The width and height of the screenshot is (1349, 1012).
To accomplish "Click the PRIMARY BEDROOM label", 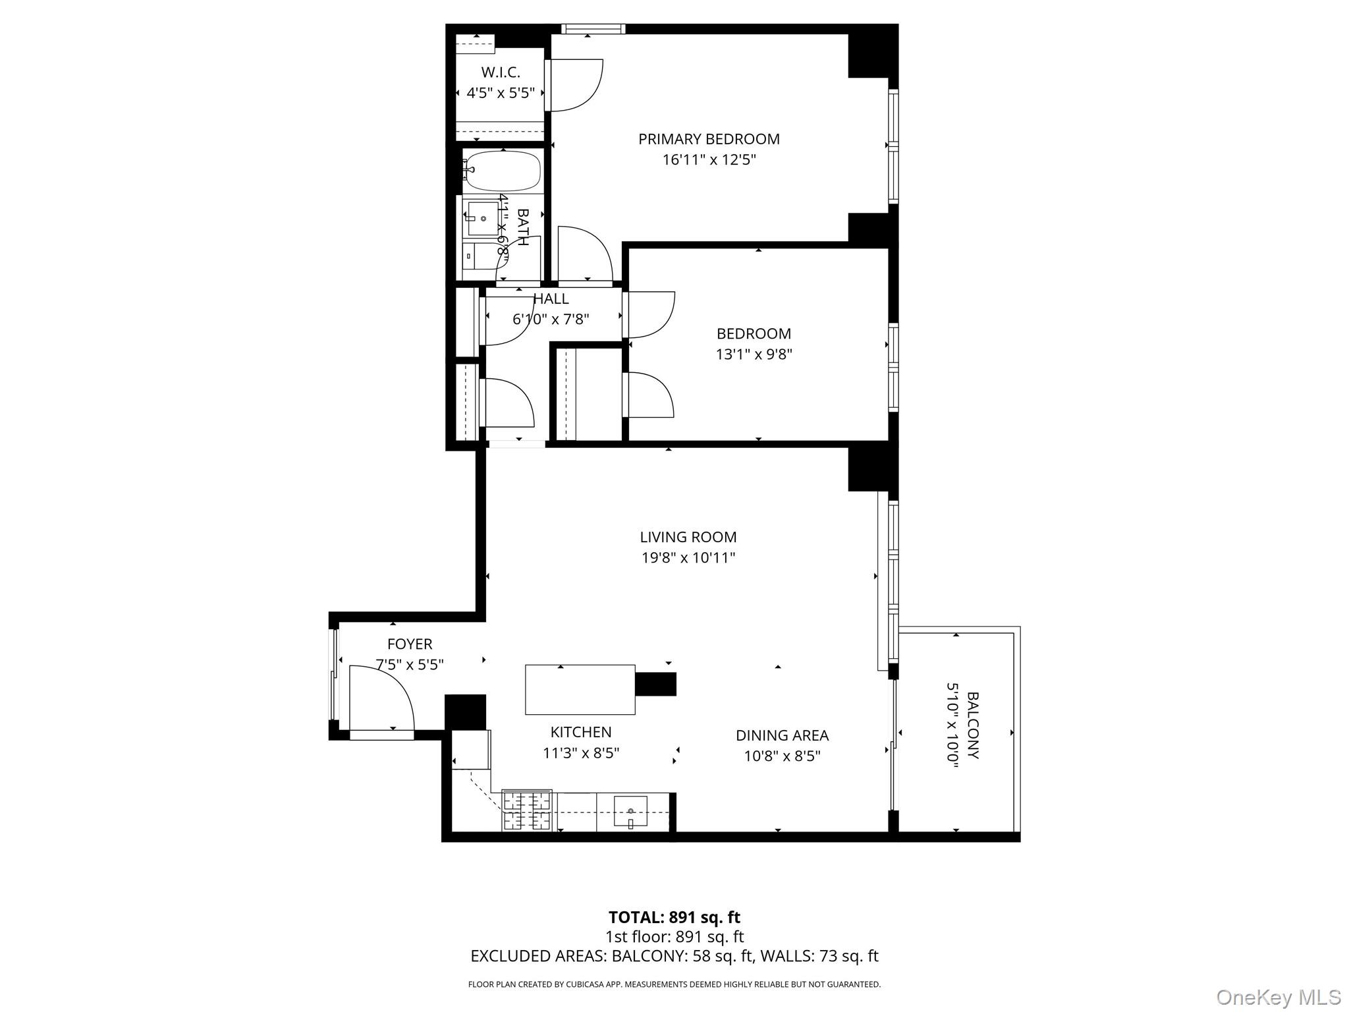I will pyautogui.click(x=709, y=139).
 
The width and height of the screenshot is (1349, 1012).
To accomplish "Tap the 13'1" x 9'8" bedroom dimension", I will pyautogui.click(x=754, y=354).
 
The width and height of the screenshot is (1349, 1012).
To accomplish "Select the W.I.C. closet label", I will pyautogui.click(x=501, y=72).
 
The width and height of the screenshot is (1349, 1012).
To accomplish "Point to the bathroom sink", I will pyautogui.click(x=483, y=219).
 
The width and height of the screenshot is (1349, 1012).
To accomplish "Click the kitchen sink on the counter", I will pyautogui.click(x=630, y=811).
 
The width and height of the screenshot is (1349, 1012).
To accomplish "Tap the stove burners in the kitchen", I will pyautogui.click(x=527, y=810).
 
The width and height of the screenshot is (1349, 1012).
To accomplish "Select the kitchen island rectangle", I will pyautogui.click(x=580, y=690).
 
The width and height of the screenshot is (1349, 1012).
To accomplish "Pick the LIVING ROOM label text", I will pyautogui.click(x=688, y=537).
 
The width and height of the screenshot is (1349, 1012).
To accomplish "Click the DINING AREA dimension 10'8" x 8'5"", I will pyautogui.click(x=782, y=756).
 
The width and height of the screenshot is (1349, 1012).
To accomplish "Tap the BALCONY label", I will pyautogui.click(x=972, y=725).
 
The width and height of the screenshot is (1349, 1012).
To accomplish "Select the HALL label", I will pyautogui.click(x=551, y=298).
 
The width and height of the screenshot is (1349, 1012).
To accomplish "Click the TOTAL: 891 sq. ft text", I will pyautogui.click(x=674, y=917).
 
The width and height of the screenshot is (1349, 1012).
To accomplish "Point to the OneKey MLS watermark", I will pyautogui.click(x=1278, y=997).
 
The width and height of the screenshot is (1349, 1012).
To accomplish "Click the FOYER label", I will pyautogui.click(x=410, y=644).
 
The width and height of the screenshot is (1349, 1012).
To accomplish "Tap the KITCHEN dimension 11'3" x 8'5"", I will pyautogui.click(x=581, y=752).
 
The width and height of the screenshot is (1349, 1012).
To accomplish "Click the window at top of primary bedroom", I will pyautogui.click(x=593, y=28).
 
